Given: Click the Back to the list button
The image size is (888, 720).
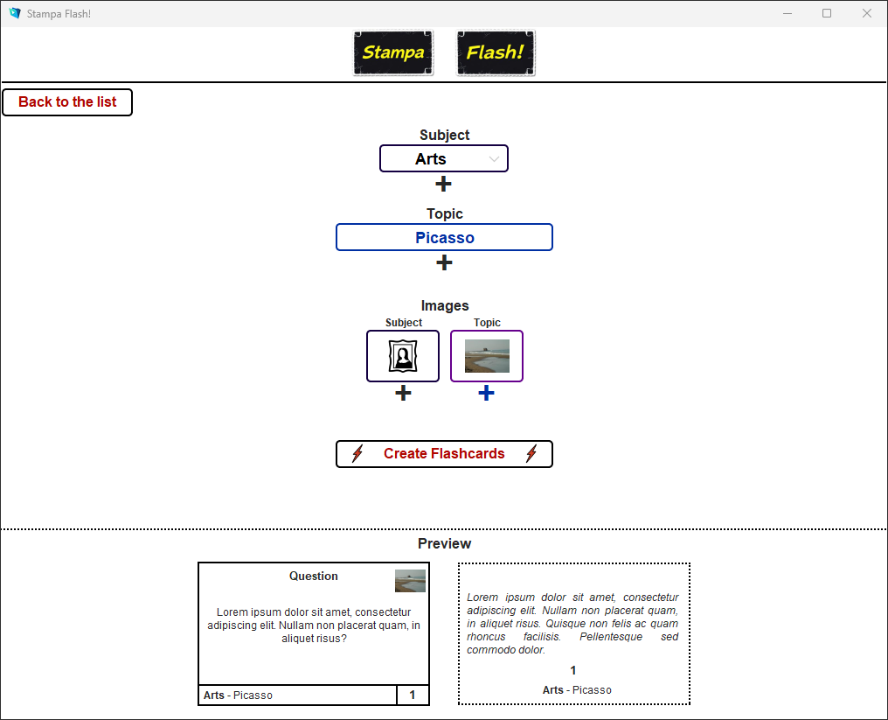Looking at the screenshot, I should [67, 102].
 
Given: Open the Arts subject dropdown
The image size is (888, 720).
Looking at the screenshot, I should [444, 158].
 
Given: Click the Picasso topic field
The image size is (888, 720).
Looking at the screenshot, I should [444, 237].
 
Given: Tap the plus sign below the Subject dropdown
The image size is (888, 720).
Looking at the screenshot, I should [444, 184].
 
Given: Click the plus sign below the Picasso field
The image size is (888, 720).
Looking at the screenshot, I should [444, 262].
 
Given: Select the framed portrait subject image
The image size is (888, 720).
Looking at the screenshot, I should [403, 356].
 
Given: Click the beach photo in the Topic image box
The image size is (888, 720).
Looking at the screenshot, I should [487, 356].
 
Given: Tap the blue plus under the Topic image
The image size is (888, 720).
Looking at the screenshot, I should [487, 394].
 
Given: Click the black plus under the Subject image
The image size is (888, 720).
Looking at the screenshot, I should [403, 394].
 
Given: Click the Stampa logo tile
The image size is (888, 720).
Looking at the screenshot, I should [393, 52].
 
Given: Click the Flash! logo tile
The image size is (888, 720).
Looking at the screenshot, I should [496, 52].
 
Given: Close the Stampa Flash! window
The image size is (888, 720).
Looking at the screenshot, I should [867, 13].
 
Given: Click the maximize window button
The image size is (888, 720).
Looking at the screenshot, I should [827, 13].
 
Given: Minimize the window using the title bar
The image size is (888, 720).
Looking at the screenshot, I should [787, 13].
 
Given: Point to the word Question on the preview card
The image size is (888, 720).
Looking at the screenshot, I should [314, 576].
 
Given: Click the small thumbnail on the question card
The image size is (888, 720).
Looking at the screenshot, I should [410, 581].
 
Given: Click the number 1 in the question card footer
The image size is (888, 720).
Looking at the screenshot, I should [413, 696].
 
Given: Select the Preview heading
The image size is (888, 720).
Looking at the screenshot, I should [444, 543].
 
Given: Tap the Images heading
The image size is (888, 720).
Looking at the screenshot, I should [444, 305].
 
